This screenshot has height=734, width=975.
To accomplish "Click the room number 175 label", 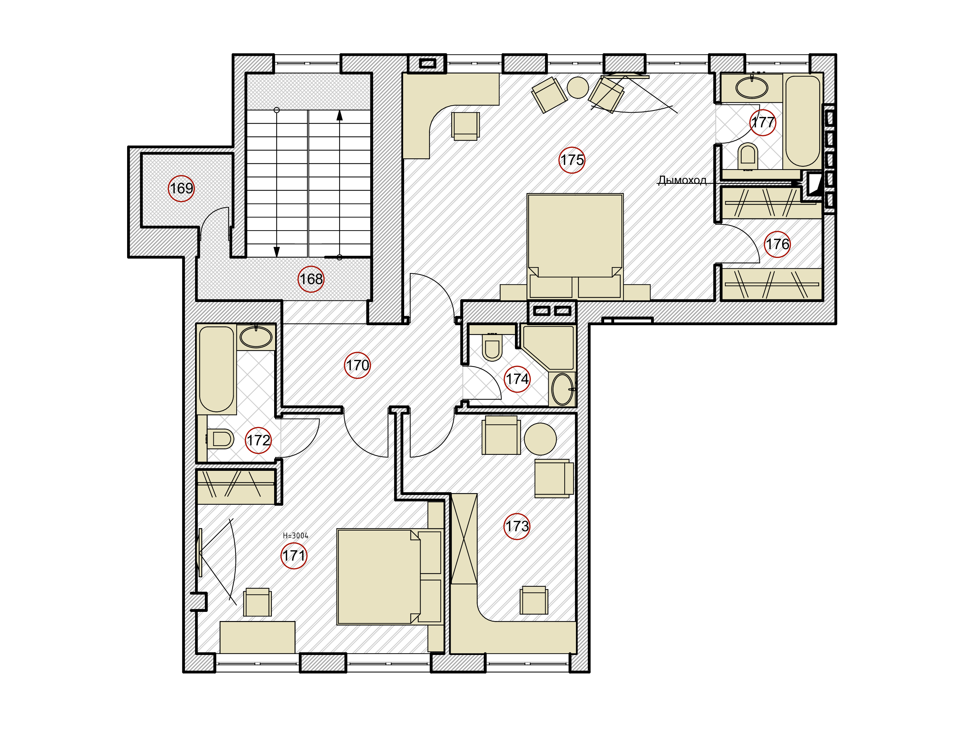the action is click(x=572, y=160).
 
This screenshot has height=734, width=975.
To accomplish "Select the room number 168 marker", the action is click(x=311, y=279).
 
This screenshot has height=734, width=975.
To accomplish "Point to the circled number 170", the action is click(x=357, y=365).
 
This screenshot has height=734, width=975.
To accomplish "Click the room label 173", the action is click(x=517, y=526).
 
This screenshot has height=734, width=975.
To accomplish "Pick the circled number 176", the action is click(x=777, y=244).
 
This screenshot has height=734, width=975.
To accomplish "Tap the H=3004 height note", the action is click(x=296, y=536).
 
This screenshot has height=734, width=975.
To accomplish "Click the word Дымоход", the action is click(x=682, y=180).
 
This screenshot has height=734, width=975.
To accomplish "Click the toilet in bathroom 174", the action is click(x=492, y=347).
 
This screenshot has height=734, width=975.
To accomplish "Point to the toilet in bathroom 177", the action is click(x=748, y=156).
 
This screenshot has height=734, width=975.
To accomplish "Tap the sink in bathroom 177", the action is click(x=752, y=87).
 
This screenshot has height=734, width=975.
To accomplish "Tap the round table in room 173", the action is click(x=540, y=439).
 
